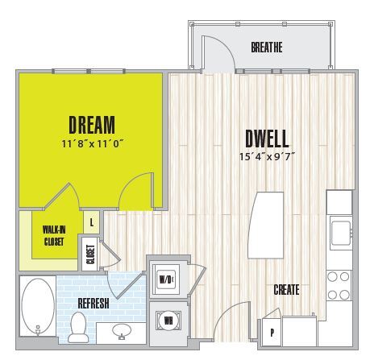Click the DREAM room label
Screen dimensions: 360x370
[91, 125]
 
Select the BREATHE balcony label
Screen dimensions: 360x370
[266, 48]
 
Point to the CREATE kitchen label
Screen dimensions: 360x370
[287, 289]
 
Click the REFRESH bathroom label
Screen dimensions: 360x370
[94, 304]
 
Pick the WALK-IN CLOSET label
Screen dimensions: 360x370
[54, 234]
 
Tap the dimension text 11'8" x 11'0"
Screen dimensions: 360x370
[91, 143]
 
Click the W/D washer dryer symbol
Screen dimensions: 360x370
[165, 279]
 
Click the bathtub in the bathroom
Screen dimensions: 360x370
[37, 307]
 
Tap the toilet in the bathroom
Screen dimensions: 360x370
[79, 326]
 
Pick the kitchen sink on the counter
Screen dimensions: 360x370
[339, 231]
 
